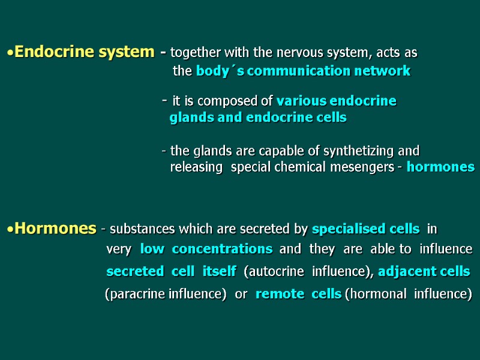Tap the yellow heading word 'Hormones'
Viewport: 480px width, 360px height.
[x=55, y=229]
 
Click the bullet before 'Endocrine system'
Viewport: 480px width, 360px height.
[x=10, y=53]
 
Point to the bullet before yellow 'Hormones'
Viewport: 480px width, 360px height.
[x=10, y=230]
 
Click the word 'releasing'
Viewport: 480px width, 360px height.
[x=196, y=167]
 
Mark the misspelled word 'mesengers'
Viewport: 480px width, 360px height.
[x=364, y=167]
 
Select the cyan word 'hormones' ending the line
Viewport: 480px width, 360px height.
[x=440, y=167]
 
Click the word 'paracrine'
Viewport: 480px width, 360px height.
[x=139, y=295]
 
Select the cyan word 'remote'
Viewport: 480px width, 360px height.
[x=280, y=295]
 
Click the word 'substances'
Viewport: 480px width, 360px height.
[x=141, y=229]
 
